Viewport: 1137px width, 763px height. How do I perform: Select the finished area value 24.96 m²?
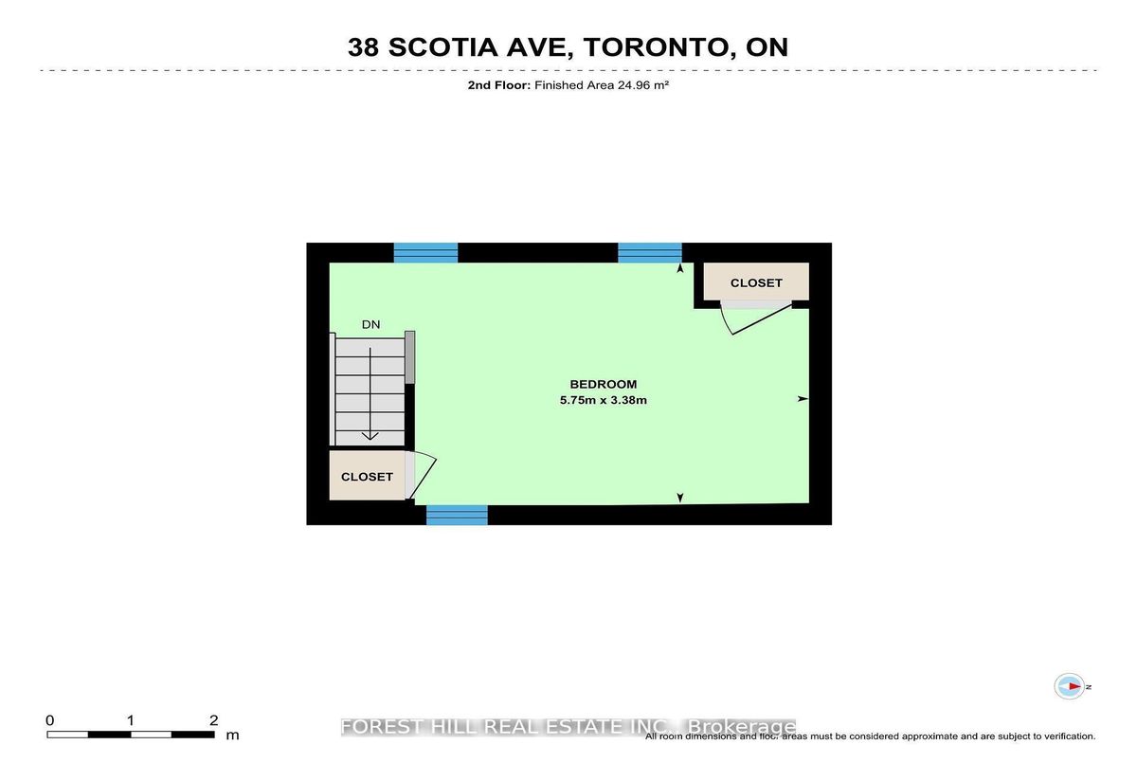coord(642,84)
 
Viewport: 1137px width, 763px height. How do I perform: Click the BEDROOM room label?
coord(603,384)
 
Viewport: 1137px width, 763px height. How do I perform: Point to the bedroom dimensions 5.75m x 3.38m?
coord(603,400)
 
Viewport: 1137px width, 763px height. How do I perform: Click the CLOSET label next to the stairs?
coord(367,477)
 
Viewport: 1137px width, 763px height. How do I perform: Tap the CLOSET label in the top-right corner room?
coord(756,282)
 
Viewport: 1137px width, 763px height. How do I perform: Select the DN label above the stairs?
coord(371,324)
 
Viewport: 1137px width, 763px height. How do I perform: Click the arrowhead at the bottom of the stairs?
coord(370,436)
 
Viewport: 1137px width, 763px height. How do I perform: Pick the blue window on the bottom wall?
coord(457,515)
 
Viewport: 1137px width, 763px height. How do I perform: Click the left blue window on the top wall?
coord(425,253)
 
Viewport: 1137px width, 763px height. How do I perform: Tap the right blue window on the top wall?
coord(650,253)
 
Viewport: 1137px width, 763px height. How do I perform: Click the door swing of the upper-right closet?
coord(756,318)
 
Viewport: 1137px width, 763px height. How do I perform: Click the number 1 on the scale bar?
coord(131,720)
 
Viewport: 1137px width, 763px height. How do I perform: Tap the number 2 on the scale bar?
coord(214,720)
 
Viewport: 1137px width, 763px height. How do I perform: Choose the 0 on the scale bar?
coord(49,720)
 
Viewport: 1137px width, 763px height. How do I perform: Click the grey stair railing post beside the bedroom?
coord(409,357)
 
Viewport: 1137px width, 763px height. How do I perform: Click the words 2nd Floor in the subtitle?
coord(499,84)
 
